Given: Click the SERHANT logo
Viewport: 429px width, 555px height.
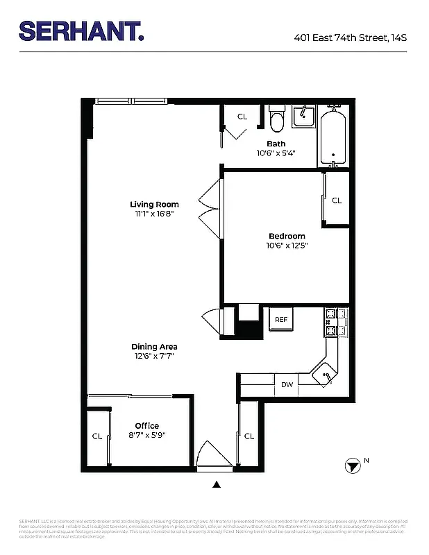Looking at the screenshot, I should pyautogui.click(x=81, y=31).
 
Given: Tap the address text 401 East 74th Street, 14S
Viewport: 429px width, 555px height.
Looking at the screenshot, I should pyautogui.click(x=351, y=37).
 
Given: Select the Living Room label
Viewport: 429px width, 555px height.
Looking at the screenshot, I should pyautogui.click(x=154, y=204).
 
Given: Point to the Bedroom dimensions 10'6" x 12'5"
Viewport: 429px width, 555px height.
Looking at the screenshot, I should pyautogui.click(x=287, y=245).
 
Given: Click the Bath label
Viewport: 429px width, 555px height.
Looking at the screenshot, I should pyautogui.click(x=276, y=144).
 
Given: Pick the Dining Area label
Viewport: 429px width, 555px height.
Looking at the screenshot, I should pyautogui.click(x=154, y=347).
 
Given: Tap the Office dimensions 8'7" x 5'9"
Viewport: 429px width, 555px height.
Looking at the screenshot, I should pyautogui.click(x=147, y=435).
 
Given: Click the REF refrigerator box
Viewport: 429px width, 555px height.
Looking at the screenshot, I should pyautogui.click(x=281, y=320).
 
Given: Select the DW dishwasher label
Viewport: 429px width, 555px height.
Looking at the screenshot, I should pyautogui.click(x=287, y=385).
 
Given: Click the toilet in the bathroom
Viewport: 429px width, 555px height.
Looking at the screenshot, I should pyautogui.click(x=277, y=121).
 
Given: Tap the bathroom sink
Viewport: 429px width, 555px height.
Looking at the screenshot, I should pyautogui.click(x=303, y=116).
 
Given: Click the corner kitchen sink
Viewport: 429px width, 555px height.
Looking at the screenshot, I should pyautogui.click(x=325, y=374).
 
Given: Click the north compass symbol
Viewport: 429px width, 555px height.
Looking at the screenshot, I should pyautogui.click(x=353, y=466).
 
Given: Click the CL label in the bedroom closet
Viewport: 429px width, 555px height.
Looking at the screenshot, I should pyautogui.click(x=337, y=200).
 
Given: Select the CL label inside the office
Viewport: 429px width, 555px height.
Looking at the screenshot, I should pyautogui.click(x=97, y=436).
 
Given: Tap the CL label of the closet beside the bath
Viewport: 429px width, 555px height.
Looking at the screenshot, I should pyautogui.click(x=242, y=117).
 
